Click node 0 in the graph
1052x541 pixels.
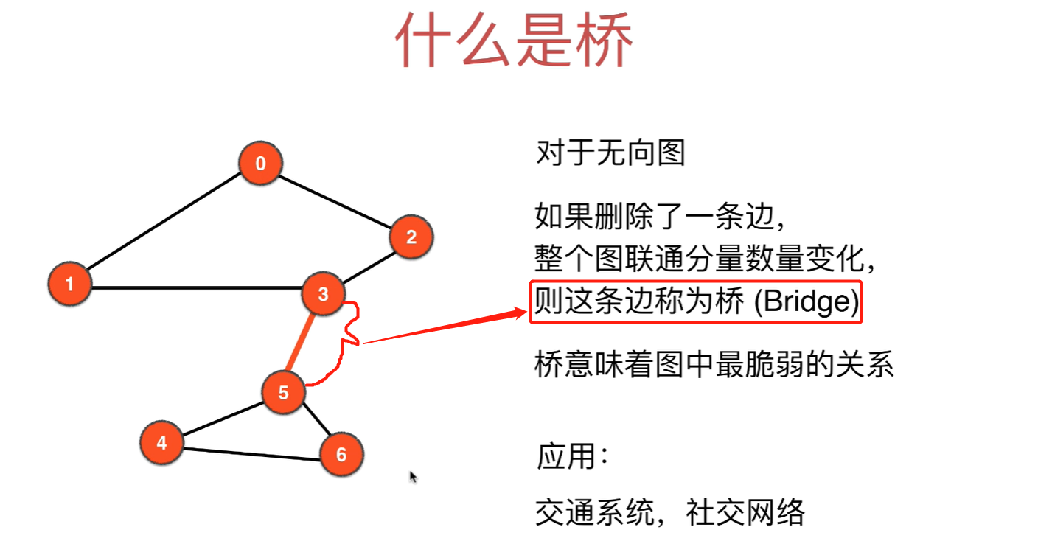[260, 163]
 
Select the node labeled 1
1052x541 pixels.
[69, 284]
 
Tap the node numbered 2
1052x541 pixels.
[411, 237]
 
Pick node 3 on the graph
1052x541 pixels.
[323, 295]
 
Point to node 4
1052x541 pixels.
[161, 443]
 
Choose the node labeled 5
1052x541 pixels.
[283, 393]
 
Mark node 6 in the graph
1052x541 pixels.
[341, 454]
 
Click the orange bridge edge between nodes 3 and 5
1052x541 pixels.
[303, 343]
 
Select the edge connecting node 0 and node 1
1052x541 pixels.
[164, 223]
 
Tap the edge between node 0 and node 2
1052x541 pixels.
[335, 200]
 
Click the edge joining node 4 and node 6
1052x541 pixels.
[251, 454]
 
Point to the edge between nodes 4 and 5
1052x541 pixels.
[222, 418]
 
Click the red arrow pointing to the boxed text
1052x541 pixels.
[442, 328]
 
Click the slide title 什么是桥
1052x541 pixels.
[514, 41]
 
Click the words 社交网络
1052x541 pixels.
[745, 512]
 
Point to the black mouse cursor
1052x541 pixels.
[414, 477]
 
